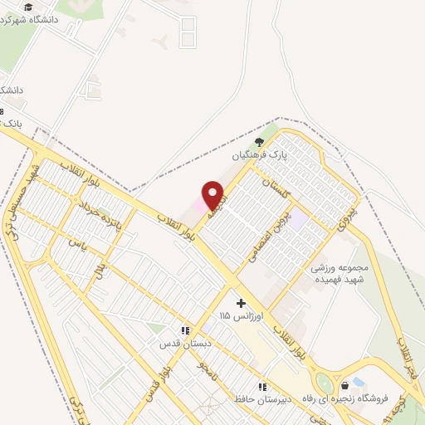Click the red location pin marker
coord(213,195)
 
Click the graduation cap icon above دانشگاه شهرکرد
coord(30,7)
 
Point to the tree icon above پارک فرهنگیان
coord(259,141)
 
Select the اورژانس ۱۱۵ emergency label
coord(241,317)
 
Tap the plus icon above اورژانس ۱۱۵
coord(241,304)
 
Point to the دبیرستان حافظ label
coord(261,399)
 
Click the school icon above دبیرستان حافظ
coord(262,387)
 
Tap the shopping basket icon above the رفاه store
coord(344,385)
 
